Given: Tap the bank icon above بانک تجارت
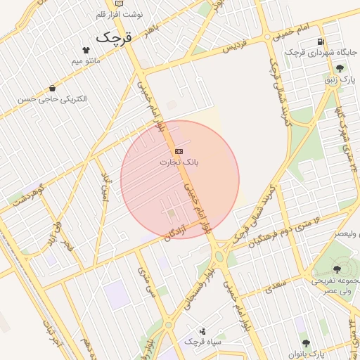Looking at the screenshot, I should pos(179,151).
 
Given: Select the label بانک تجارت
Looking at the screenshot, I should pos(179,162).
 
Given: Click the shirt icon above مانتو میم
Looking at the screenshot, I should pos(86,50).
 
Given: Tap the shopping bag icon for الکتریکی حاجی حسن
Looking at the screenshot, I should pos(53,88).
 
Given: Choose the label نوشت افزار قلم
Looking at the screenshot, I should pos(102,14).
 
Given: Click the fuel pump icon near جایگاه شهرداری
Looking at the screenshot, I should pos(321,41).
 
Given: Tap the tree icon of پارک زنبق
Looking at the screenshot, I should pos(340,68).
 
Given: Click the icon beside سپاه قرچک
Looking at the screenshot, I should pos(202,330).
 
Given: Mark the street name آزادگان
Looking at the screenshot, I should pos(178,226).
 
